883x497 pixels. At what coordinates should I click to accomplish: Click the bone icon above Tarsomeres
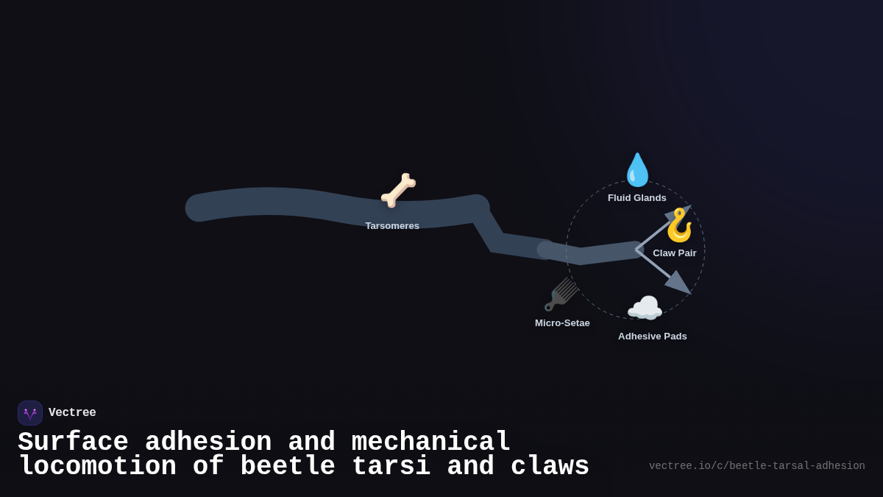(x=398, y=190)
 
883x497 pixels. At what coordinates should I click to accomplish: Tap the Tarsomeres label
(x=392, y=226)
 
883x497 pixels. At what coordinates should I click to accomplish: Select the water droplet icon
(x=637, y=170)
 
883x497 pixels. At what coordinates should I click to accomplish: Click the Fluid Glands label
(x=636, y=198)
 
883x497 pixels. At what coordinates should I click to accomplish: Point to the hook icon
(x=678, y=225)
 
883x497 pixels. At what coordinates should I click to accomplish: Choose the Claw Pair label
(x=674, y=253)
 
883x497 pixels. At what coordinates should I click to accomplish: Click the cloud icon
(x=645, y=309)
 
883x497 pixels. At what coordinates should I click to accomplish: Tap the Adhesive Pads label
(x=652, y=336)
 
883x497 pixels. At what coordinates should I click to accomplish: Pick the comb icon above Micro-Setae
(x=561, y=295)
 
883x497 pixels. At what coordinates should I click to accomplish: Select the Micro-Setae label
(x=562, y=323)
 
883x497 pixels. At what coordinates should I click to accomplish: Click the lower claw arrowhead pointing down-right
(x=679, y=283)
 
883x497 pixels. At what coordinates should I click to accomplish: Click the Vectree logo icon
(x=30, y=413)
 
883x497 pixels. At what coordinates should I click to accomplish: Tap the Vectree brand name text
(x=72, y=413)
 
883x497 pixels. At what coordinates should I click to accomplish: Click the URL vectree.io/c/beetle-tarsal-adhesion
(x=756, y=466)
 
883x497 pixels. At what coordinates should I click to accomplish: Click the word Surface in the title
(x=73, y=443)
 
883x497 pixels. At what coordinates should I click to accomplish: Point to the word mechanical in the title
(x=430, y=443)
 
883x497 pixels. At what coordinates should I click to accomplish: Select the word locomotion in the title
(x=97, y=467)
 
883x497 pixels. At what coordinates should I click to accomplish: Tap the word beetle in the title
(x=287, y=467)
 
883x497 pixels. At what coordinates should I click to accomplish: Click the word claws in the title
(x=550, y=467)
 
